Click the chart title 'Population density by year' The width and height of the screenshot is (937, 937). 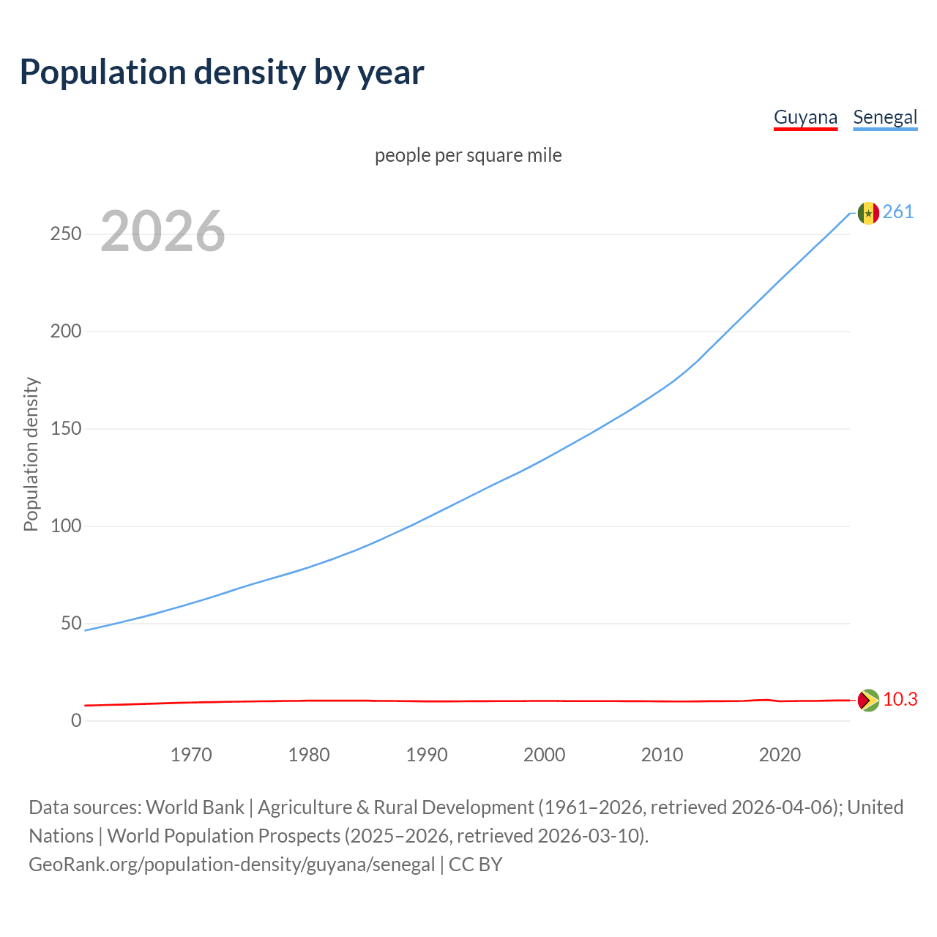(222, 72)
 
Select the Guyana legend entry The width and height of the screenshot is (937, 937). (805, 117)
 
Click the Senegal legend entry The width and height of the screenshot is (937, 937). (885, 117)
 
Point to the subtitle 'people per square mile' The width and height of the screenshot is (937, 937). (468, 155)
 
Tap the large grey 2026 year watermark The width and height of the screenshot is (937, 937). (163, 231)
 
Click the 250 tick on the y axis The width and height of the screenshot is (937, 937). (65, 234)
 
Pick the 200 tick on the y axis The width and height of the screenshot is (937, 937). (65, 331)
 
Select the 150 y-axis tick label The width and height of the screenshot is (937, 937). (65, 428)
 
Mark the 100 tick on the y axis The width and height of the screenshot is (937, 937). (65, 526)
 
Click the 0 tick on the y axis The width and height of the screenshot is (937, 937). (76, 720)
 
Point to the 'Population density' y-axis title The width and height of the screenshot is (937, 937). (31, 454)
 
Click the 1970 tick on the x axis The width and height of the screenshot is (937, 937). (191, 755)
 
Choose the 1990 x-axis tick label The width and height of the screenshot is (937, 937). (427, 755)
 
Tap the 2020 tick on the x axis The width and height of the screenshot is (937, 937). (780, 755)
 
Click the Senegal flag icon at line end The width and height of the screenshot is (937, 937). (868, 213)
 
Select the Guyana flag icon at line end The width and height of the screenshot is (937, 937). (868, 701)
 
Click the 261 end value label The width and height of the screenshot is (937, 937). (898, 212)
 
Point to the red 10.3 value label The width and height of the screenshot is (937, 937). (900, 699)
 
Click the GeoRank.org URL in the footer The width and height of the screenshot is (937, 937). (231, 865)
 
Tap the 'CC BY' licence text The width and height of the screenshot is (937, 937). (475, 865)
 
